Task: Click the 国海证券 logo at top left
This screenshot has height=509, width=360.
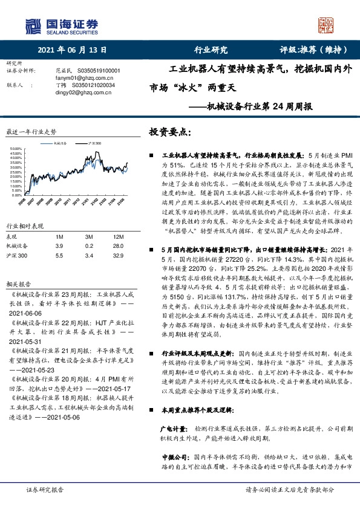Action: coord(61,25)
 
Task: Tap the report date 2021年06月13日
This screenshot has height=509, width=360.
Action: coord(71,50)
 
